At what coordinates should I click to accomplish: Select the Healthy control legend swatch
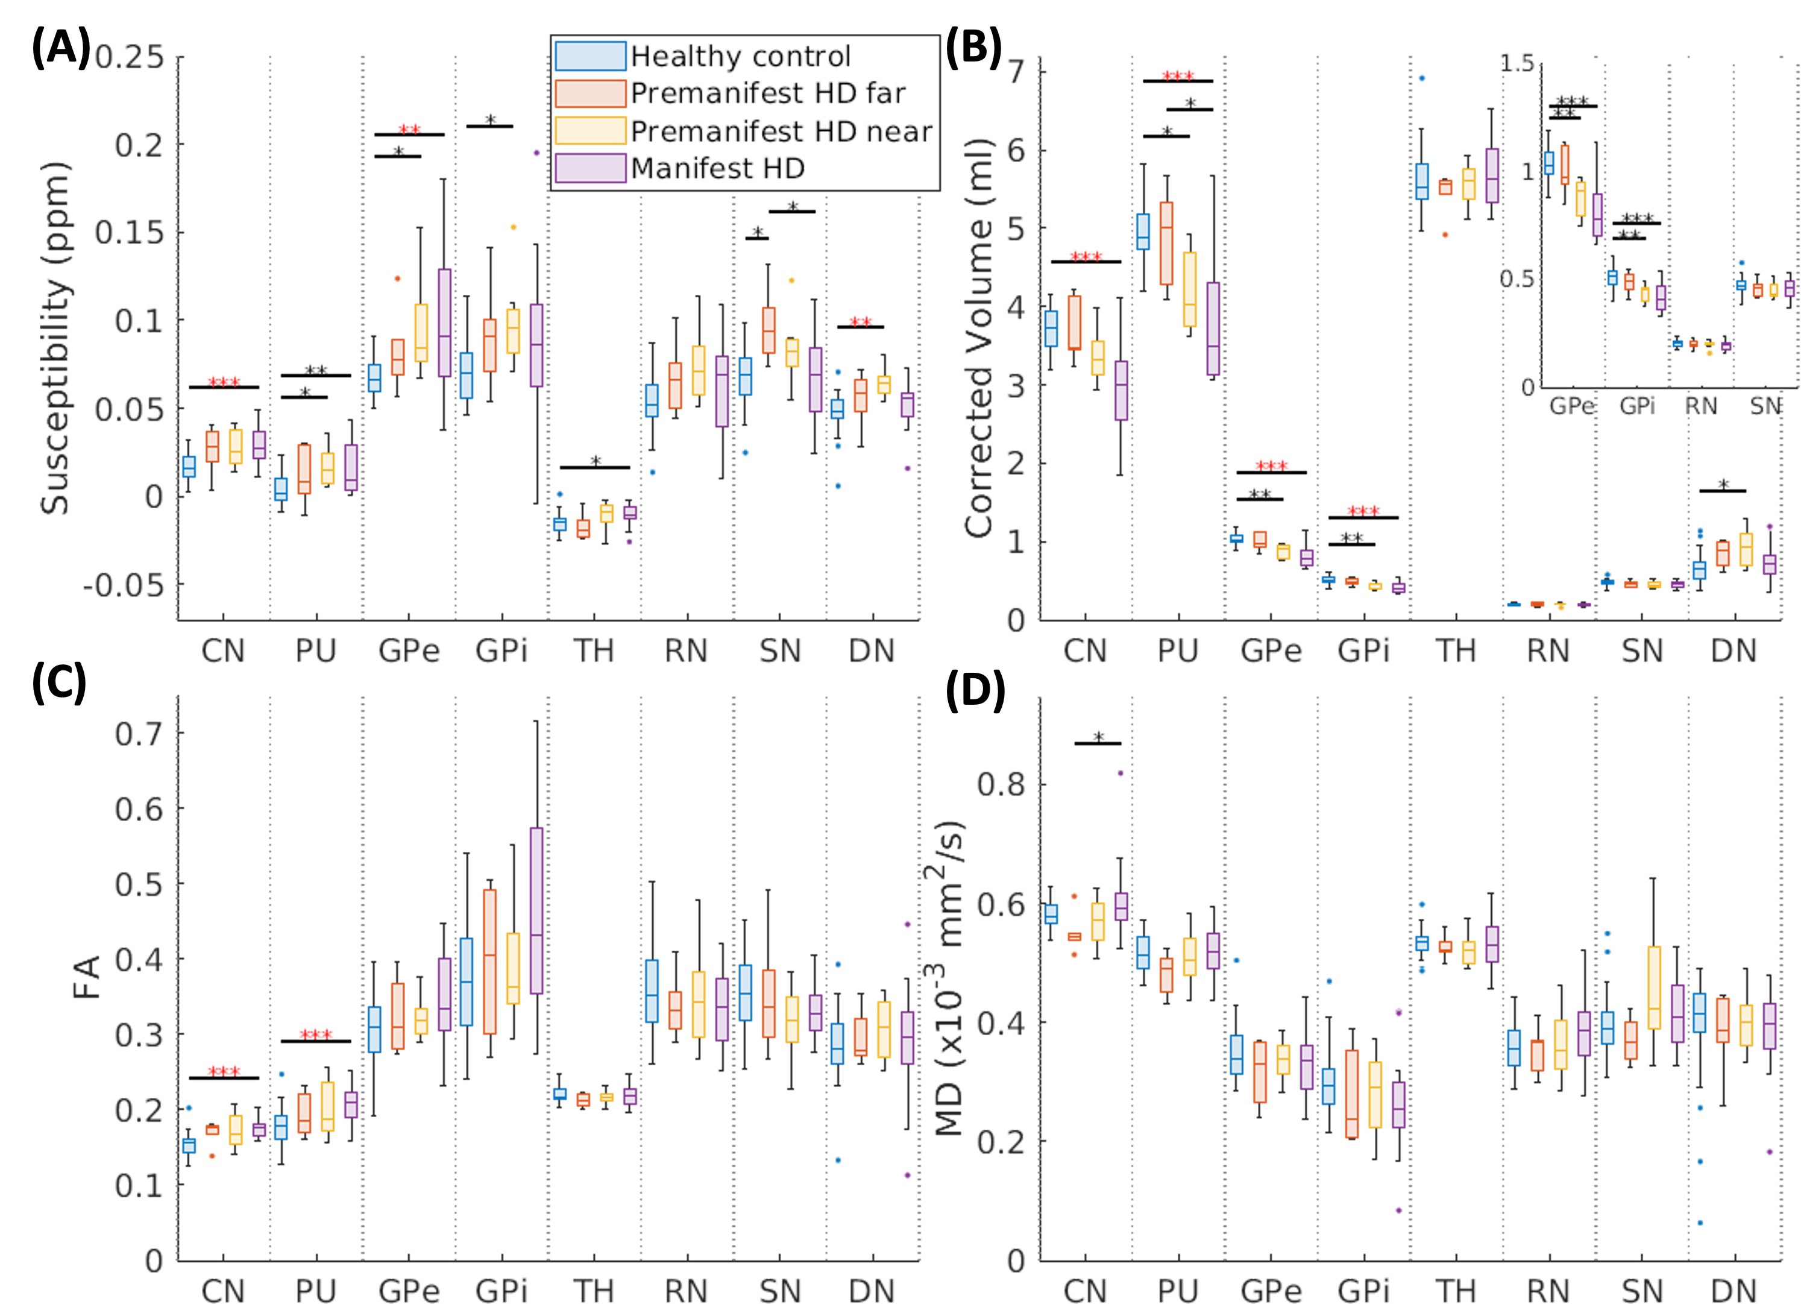click(x=590, y=57)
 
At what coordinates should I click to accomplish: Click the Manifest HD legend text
click(x=718, y=168)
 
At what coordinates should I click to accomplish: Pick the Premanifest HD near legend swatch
click(x=590, y=131)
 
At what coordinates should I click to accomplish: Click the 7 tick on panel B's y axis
click(x=1016, y=72)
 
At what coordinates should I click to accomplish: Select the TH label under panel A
click(x=594, y=651)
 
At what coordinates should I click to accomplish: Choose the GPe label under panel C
click(x=408, y=1291)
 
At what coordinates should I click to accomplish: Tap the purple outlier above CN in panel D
click(x=1121, y=773)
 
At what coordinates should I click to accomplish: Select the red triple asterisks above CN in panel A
click(x=224, y=383)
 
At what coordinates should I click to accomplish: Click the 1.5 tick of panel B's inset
click(x=1517, y=63)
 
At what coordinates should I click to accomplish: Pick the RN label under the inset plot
click(x=1701, y=406)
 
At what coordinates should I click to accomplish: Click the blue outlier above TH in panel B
click(x=1421, y=78)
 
